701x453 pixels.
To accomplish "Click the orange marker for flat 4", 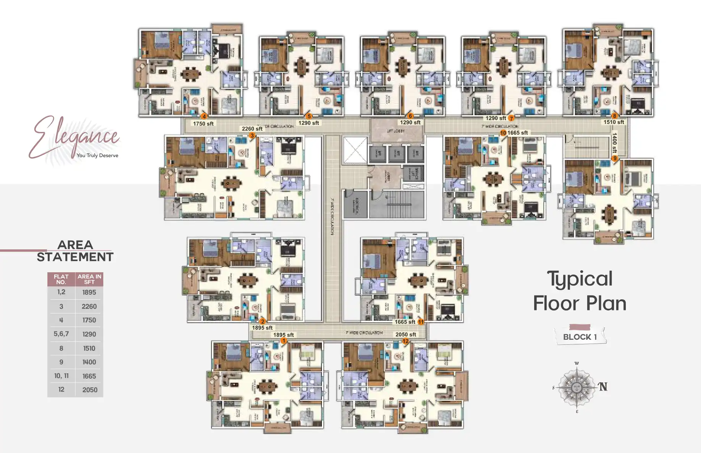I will (x=204, y=116).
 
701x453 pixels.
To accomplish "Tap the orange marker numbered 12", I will (x=405, y=341).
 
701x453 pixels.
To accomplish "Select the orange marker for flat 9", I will (x=614, y=158).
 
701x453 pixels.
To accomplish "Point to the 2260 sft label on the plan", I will (x=252, y=129).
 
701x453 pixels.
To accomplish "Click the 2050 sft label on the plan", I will (x=405, y=334).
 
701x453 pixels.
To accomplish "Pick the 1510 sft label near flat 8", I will (x=614, y=122).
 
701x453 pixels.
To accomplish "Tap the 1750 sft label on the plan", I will (x=203, y=124).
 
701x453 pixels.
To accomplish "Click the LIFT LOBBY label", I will (x=396, y=131).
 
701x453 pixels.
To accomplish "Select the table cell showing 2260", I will (x=89, y=306).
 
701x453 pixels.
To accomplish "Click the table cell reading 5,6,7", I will (x=61, y=334).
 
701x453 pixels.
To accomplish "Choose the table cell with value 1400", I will (x=89, y=362).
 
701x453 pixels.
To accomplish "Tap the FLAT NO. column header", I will (x=61, y=279).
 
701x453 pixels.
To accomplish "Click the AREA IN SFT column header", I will (x=89, y=279).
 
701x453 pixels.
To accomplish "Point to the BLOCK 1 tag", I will (x=580, y=337).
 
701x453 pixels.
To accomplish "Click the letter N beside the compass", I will (x=603, y=387).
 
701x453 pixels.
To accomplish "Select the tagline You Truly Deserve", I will (x=97, y=155).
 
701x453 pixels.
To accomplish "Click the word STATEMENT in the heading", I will (x=75, y=257).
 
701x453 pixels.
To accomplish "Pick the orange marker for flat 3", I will (x=252, y=135).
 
